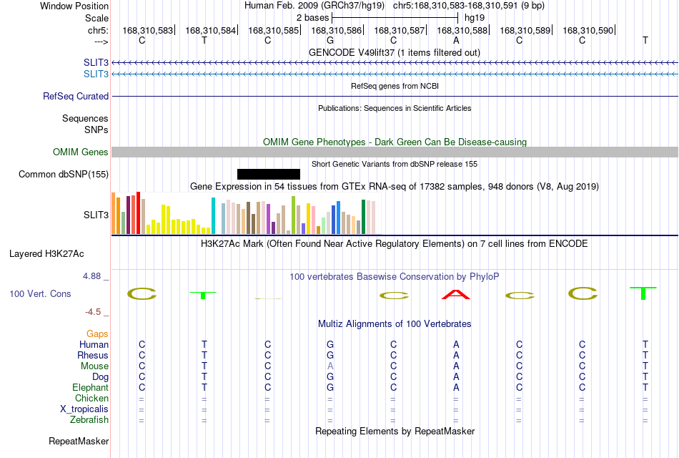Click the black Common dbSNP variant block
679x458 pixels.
[269, 175]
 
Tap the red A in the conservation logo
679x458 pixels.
[455, 295]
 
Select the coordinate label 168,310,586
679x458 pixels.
[336, 30]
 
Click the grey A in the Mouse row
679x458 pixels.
[330, 366]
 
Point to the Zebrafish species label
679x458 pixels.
[89, 420]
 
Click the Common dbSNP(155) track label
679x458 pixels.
[64, 175]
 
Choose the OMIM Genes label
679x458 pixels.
[81, 152]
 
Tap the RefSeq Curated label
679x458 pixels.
[76, 97]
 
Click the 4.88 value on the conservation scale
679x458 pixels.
[91, 276]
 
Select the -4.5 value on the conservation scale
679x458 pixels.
[93, 312]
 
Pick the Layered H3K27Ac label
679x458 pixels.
[46, 254]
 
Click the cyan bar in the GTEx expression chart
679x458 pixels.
[213, 215]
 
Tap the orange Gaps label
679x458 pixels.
[97, 334]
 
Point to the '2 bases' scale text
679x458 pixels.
[312, 18]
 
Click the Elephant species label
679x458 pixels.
[91, 388]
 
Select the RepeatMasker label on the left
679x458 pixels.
[79, 442]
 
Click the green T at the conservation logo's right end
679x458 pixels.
[643, 293]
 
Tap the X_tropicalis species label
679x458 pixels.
[84, 409]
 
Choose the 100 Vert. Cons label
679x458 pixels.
[40, 294]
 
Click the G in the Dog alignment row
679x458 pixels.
[330, 377]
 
